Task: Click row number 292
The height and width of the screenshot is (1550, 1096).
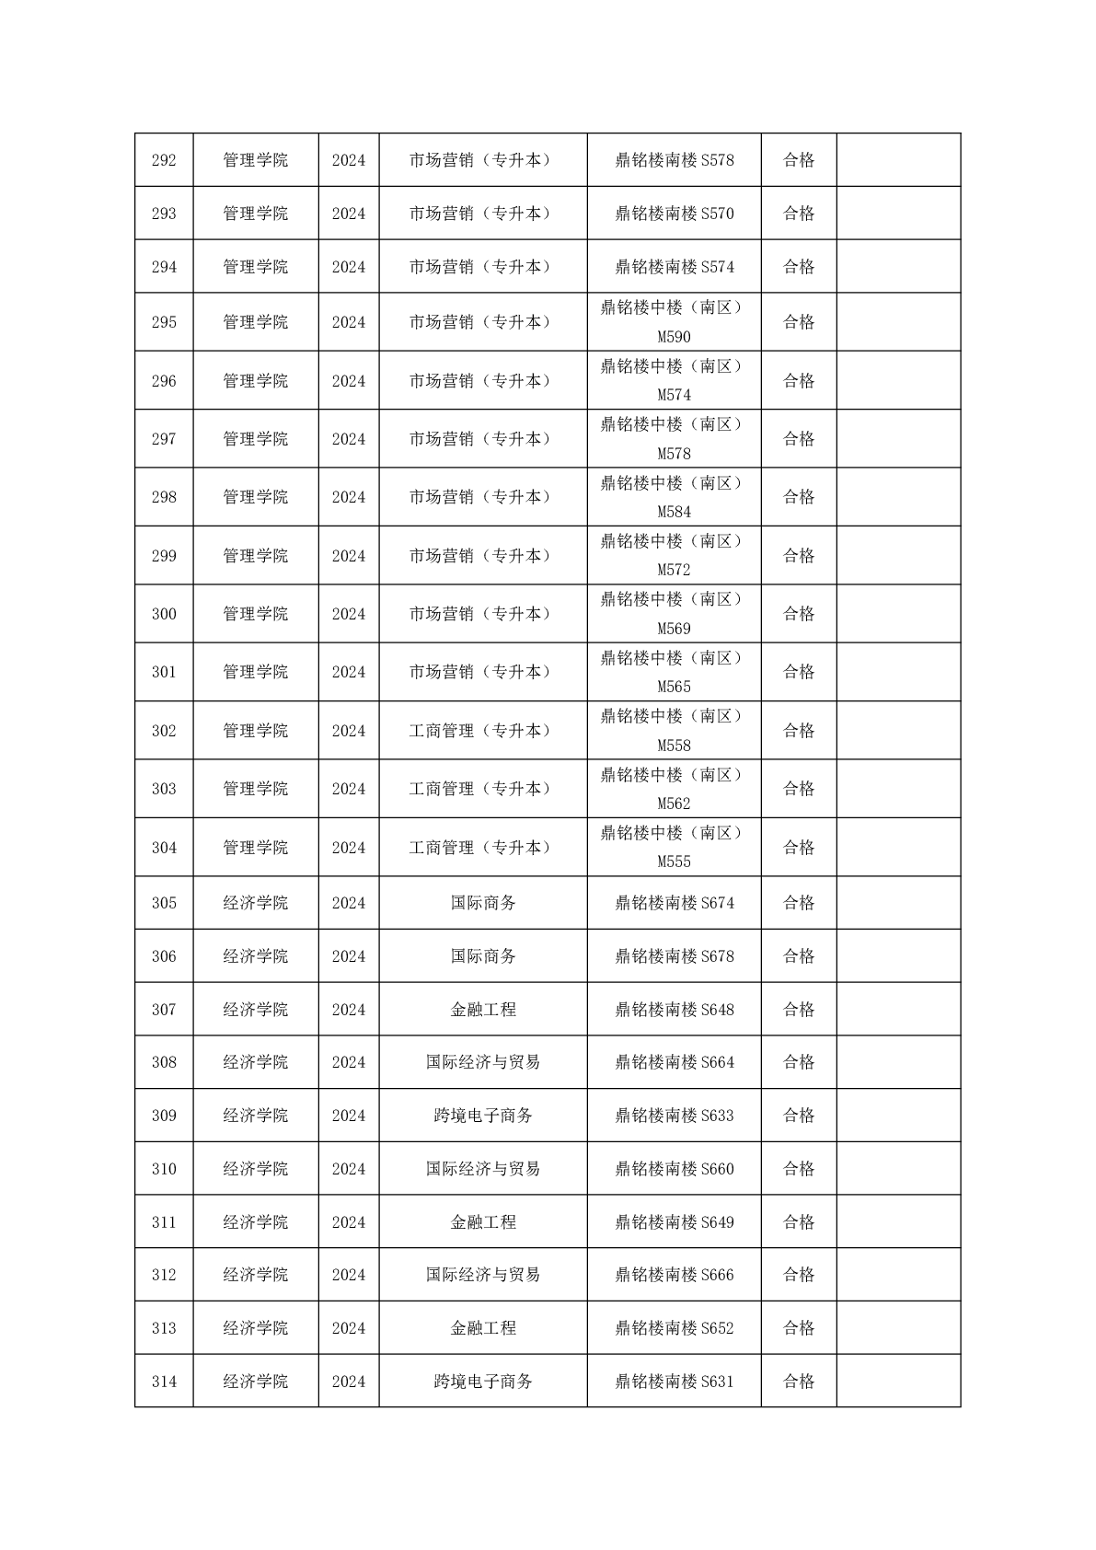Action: (x=164, y=160)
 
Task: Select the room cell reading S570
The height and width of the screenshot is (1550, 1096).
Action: (x=674, y=214)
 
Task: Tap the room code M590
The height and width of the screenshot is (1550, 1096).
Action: (x=674, y=337)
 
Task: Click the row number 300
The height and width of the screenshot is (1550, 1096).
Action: (x=164, y=614)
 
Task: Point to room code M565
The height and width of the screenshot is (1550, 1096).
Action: (x=674, y=687)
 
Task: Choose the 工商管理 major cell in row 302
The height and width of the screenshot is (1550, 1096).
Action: (x=482, y=731)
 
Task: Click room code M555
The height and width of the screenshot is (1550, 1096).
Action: (x=674, y=862)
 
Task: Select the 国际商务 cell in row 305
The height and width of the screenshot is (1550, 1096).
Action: (x=482, y=903)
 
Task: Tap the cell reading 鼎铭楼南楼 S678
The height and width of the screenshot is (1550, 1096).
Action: (x=674, y=956)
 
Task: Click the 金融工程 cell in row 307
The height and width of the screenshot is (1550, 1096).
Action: (x=482, y=1010)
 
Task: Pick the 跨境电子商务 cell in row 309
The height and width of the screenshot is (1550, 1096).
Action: (x=482, y=1116)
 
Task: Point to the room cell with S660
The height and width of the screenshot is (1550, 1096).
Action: (x=674, y=1169)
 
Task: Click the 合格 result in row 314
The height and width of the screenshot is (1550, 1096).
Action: (x=798, y=1382)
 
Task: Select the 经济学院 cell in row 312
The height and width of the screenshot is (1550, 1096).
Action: (x=255, y=1275)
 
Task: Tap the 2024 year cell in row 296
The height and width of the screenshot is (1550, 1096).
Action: (x=348, y=381)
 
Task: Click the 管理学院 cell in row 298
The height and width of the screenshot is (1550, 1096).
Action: (x=255, y=497)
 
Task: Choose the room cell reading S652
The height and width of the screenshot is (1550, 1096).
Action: (x=674, y=1328)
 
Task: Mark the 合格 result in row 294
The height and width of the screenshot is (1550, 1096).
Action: (x=798, y=267)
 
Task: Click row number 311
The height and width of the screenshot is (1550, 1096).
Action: (x=164, y=1222)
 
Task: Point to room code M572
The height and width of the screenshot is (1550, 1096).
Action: (x=674, y=570)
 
